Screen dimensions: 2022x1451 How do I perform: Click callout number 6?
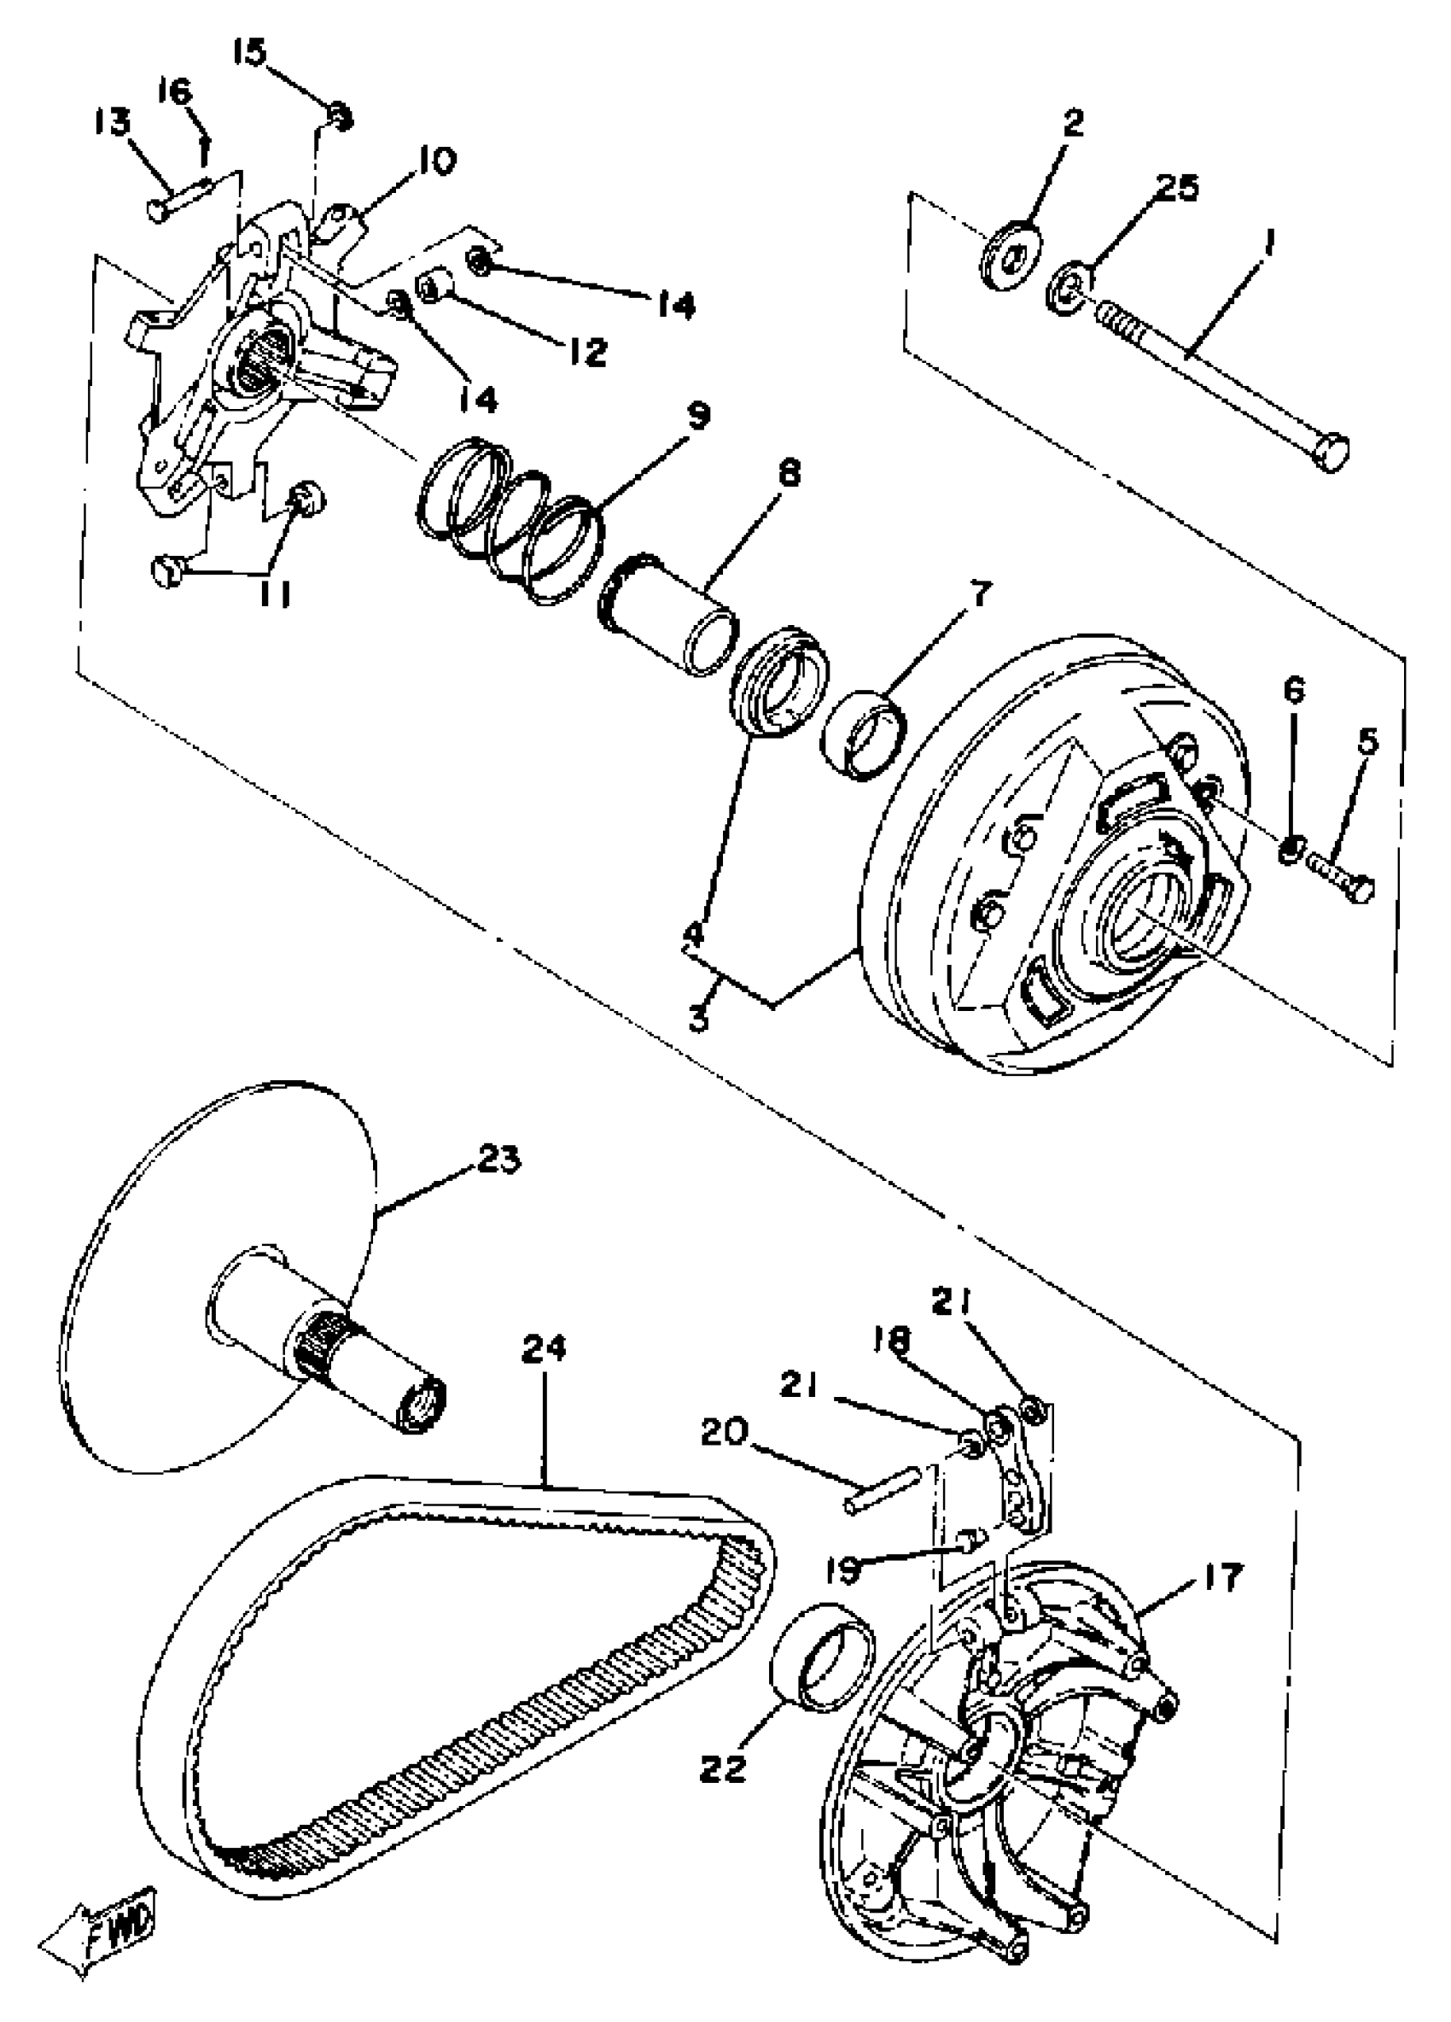coord(1293,689)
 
